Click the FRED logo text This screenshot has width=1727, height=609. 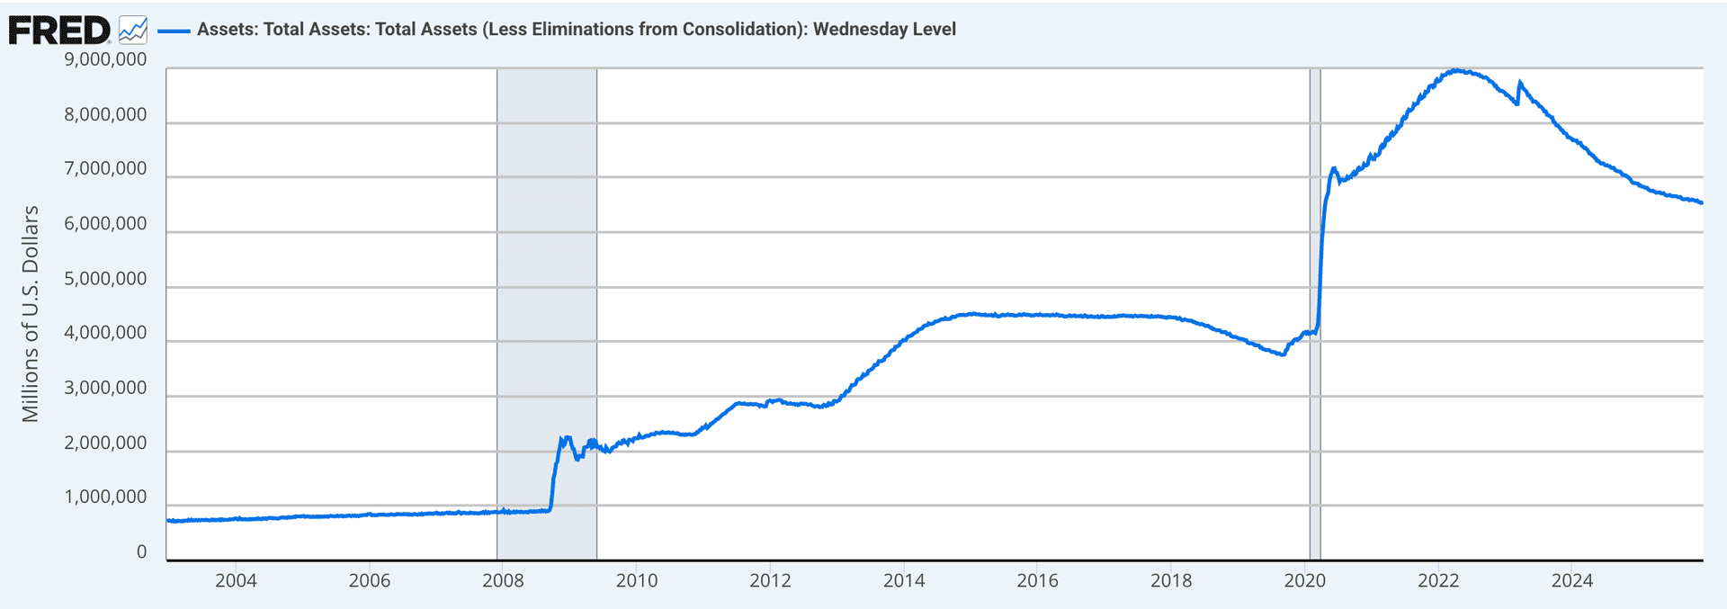(59, 31)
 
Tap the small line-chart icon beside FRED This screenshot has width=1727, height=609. (133, 30)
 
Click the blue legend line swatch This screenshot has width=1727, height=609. (174, 31)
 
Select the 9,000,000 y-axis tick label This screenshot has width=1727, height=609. (105, 60)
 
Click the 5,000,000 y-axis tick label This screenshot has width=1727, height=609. (105, 279)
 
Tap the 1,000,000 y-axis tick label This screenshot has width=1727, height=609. (105, 497)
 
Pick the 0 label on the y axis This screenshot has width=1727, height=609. (141, 552)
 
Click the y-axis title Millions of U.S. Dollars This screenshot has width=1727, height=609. (31, 313)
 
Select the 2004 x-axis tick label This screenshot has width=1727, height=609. (236, 581)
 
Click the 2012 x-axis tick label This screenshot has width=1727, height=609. (770, 581)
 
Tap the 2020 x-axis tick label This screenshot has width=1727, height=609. (1304, 581)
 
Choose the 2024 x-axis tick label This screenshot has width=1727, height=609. (1571, 581)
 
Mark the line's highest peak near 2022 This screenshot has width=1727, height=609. (1456, 70)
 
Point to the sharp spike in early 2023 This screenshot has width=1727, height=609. (1519, 83)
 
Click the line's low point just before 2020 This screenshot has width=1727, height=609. (1283, 354)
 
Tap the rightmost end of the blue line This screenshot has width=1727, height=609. (1701, 202)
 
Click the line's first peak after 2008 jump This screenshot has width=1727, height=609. (563, 437)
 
